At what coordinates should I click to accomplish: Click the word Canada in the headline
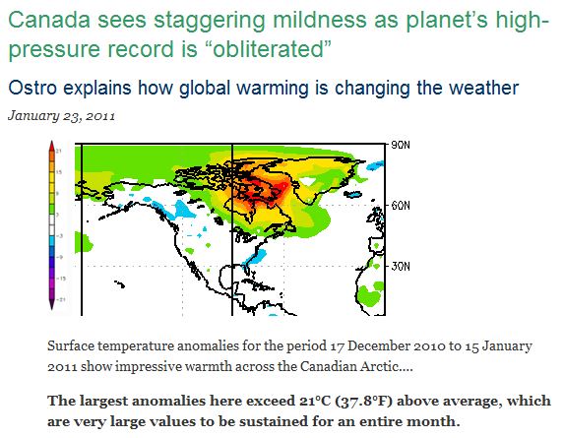point(49,20)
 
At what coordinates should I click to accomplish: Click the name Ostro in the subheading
point(32,89)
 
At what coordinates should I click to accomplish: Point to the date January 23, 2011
point(61,116)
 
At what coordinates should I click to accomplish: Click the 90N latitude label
point(401,145)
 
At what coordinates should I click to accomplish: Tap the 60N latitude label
point(401,206)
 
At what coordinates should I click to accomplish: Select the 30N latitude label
point(401,266)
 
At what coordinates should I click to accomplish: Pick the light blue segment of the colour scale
point(52,240)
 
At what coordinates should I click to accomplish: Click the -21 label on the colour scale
point(61,299)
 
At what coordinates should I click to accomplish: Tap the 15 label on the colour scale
point(59,172)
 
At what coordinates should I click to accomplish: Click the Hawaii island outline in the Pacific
point(120,284)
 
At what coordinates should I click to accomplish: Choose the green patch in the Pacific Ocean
point(83,242)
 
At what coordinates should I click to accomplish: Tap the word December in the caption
point(371,345)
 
